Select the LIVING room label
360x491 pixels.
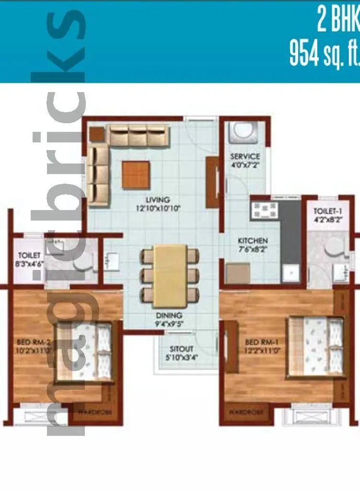158,199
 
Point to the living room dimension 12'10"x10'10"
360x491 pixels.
158,209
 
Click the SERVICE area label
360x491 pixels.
244,156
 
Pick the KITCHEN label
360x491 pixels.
253,241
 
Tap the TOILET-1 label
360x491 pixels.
326,211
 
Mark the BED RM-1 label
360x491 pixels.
260,343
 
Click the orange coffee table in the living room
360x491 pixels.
136,174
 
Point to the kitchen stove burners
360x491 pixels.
263,210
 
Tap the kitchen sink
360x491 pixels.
290,273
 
